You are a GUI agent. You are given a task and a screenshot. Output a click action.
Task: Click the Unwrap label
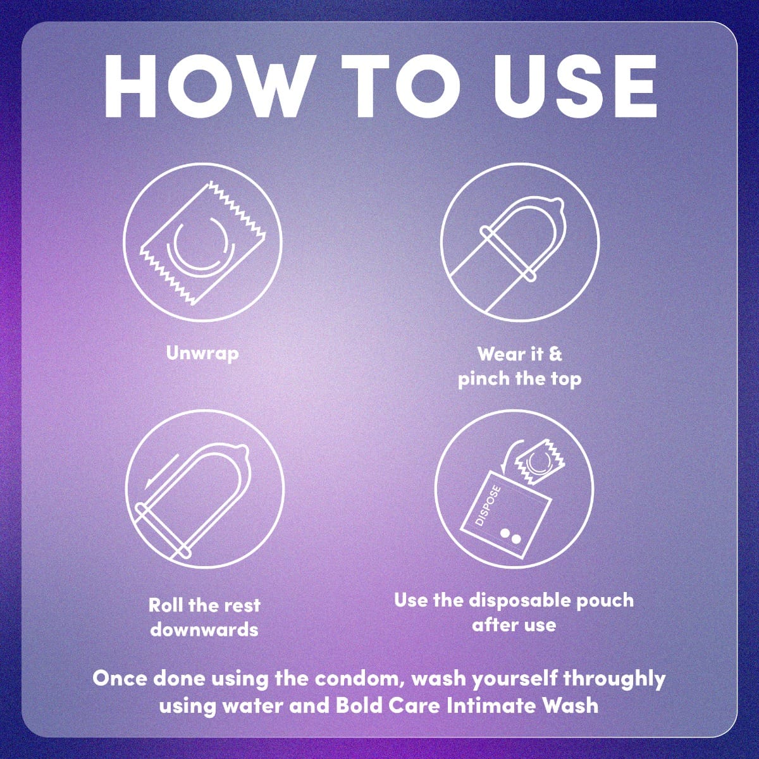[202, 354]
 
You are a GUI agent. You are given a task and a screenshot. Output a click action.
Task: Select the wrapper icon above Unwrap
[203, 242]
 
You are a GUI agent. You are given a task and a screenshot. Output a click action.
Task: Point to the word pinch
[483, 379]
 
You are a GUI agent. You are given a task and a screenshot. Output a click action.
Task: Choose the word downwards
[204, 629]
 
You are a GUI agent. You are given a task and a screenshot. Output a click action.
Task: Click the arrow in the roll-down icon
[161, 472]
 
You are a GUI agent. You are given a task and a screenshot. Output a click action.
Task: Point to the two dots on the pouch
[510, 536]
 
